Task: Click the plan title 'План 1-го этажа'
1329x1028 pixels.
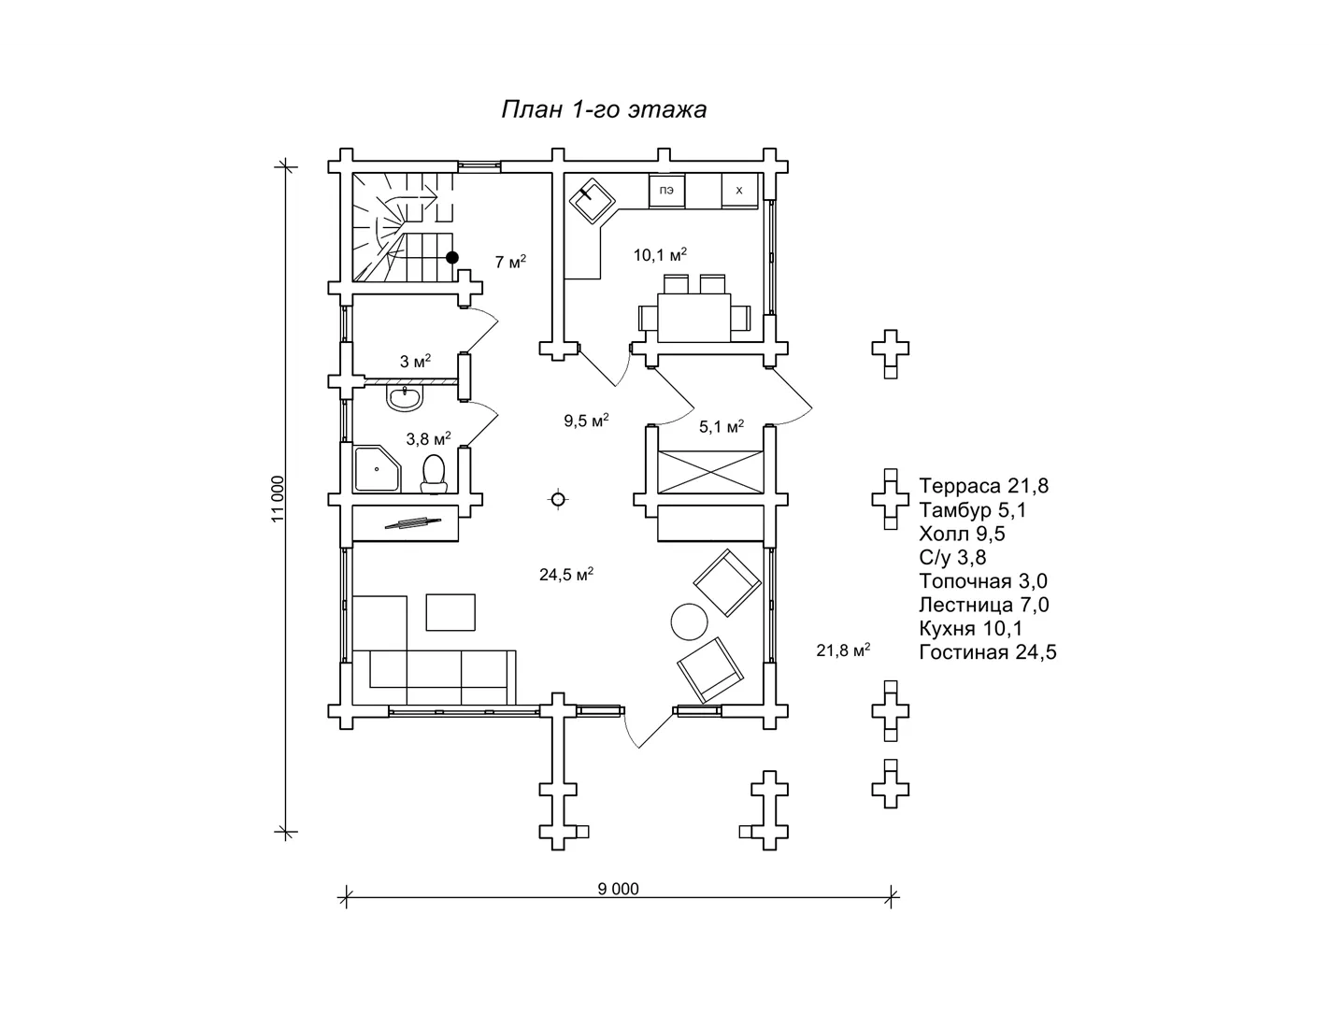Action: [604, 110]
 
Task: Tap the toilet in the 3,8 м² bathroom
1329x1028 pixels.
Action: [434, 473]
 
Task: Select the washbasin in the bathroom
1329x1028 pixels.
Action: [405, 397]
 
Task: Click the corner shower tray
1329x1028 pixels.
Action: [377, 468]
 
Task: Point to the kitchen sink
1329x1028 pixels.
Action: [592, 200]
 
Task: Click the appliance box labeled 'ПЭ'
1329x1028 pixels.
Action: [666, 191]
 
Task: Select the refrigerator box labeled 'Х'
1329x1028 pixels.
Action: [739, 191]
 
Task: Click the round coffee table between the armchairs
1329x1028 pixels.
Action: [690, 621]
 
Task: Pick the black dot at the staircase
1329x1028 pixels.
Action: [452, 257]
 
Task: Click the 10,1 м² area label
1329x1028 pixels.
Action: [660, 254]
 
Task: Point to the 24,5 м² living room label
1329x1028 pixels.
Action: [566, 574]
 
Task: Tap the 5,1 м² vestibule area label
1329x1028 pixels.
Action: [722, 426]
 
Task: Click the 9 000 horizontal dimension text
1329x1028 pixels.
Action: [619, 889]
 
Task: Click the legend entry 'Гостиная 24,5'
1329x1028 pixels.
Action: [988, 652]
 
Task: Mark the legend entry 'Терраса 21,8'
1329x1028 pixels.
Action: [984, 486]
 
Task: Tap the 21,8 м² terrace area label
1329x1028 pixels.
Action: [843, 650]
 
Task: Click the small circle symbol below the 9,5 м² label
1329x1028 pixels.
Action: [558, 500]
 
